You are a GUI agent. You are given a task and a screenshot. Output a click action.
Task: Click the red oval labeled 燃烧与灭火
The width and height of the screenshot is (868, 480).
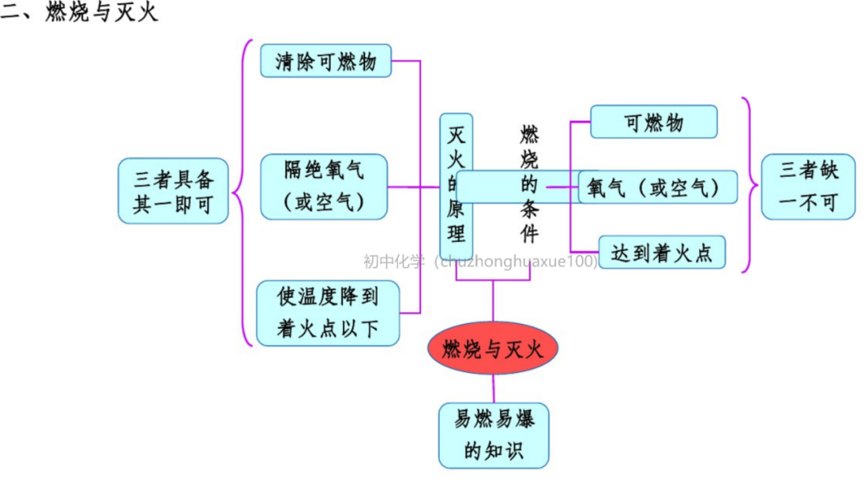[492, 349]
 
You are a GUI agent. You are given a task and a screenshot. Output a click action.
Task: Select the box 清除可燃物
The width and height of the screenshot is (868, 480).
[325, 61]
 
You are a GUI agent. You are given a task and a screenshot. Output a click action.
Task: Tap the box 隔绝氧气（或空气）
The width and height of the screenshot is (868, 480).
[324, 187]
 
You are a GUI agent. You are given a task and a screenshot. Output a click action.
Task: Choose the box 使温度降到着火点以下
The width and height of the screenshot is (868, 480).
[327, 313]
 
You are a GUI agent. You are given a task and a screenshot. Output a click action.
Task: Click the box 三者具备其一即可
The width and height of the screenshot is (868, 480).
[173, 190]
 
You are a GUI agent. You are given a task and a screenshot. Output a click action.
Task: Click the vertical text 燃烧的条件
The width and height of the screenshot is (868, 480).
[529, 184]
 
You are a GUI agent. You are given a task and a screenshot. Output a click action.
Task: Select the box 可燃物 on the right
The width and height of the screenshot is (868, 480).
[653, 122]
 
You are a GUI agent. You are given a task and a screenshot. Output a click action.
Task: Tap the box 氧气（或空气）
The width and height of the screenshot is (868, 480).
[657, 187]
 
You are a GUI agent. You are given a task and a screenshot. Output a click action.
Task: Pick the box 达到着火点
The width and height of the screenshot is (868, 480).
[661, 252]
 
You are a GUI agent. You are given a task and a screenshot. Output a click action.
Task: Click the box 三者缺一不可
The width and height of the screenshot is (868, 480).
[808, 187]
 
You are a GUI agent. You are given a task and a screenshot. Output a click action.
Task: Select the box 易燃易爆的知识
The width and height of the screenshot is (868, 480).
[493, 435]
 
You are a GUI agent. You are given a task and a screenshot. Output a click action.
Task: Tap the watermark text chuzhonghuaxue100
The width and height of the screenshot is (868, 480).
[514, 261]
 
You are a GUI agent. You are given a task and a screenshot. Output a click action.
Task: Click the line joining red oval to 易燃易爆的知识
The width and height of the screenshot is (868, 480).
[493, 389]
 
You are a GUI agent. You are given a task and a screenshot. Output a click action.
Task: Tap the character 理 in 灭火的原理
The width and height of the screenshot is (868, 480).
[456, 234]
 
